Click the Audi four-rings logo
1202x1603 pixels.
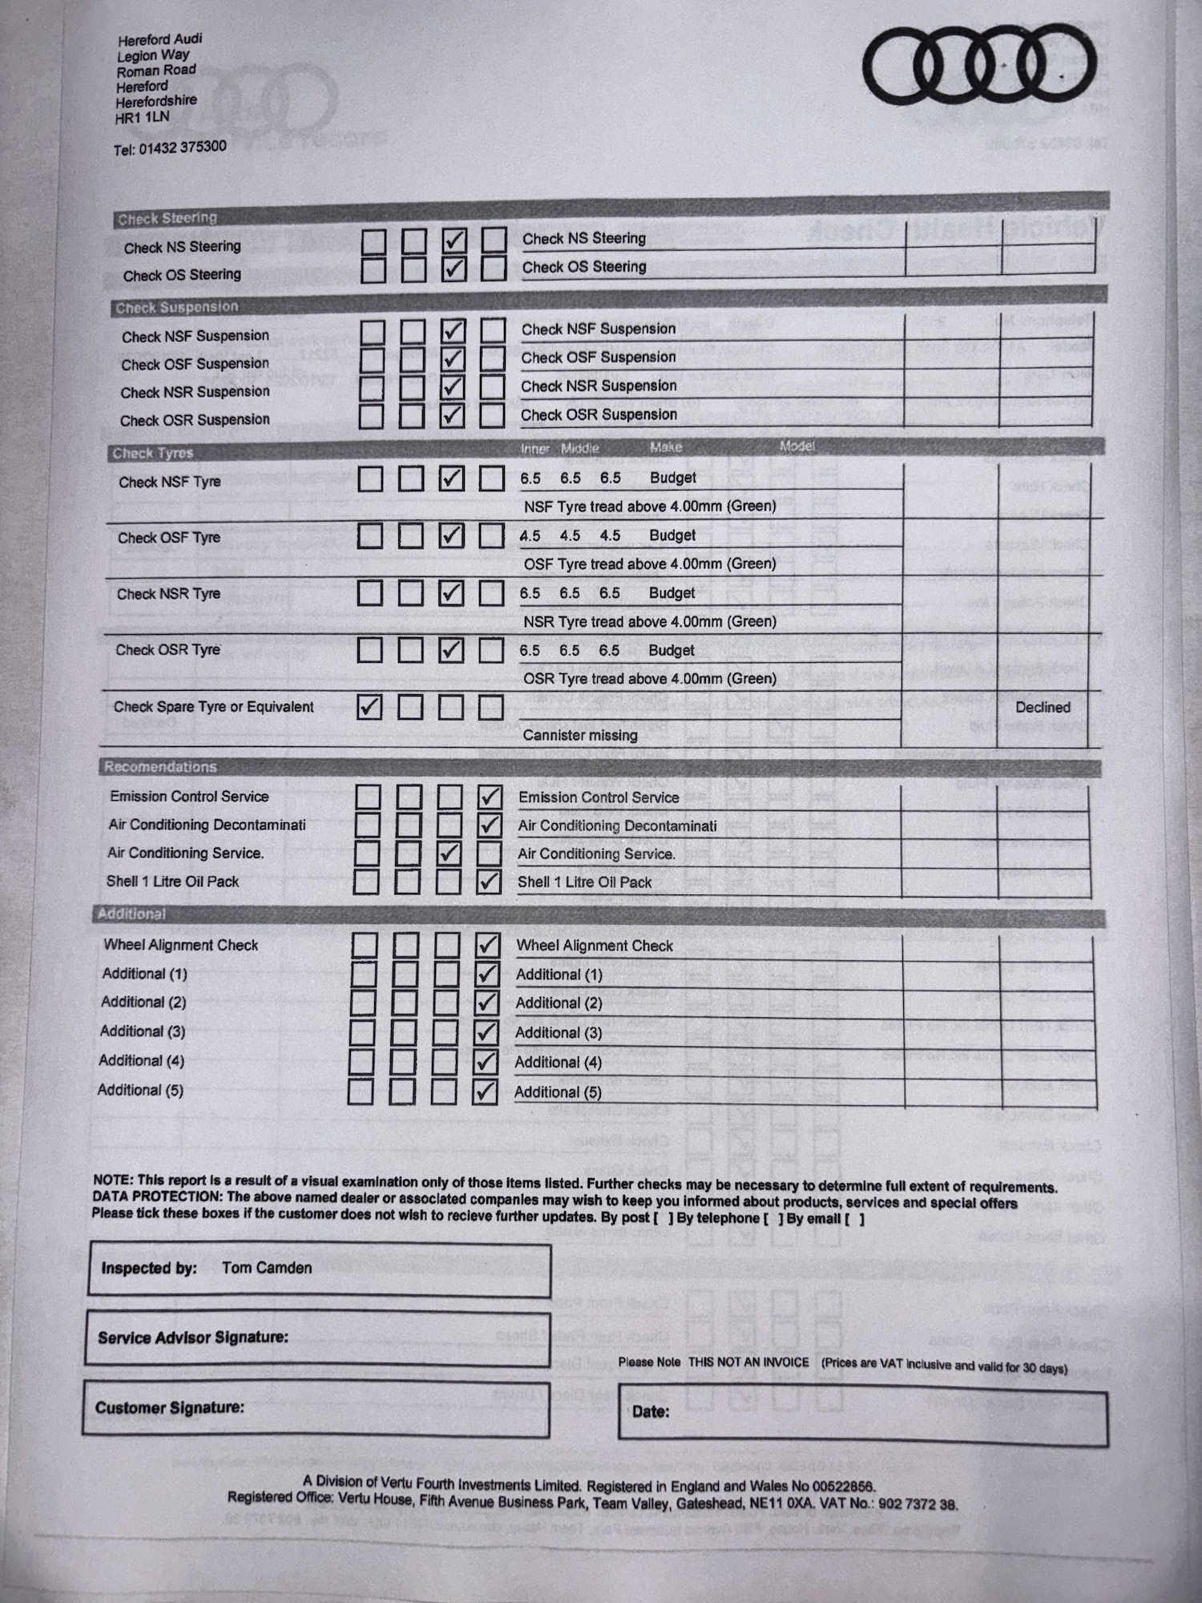979,67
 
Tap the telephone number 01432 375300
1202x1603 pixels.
183,147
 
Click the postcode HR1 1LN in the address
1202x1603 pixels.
143,117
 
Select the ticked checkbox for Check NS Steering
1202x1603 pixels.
454,240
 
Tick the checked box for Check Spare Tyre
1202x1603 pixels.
369,706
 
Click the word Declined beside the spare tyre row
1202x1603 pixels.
1043,707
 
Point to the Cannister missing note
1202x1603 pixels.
580,735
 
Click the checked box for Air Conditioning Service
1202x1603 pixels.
449,853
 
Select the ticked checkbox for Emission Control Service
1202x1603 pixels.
489,797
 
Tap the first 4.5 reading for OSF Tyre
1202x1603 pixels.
530,535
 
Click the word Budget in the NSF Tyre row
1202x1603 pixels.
672,478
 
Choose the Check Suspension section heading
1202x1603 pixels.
176,307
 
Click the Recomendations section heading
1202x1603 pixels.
160,767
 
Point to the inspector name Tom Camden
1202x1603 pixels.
267,1268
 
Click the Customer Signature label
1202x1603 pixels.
170,1407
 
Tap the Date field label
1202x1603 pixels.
650,1411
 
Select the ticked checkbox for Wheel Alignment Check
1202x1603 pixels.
486,945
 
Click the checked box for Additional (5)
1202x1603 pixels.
484,1091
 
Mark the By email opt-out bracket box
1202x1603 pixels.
855,1219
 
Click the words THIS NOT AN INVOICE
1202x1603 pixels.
748,1362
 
